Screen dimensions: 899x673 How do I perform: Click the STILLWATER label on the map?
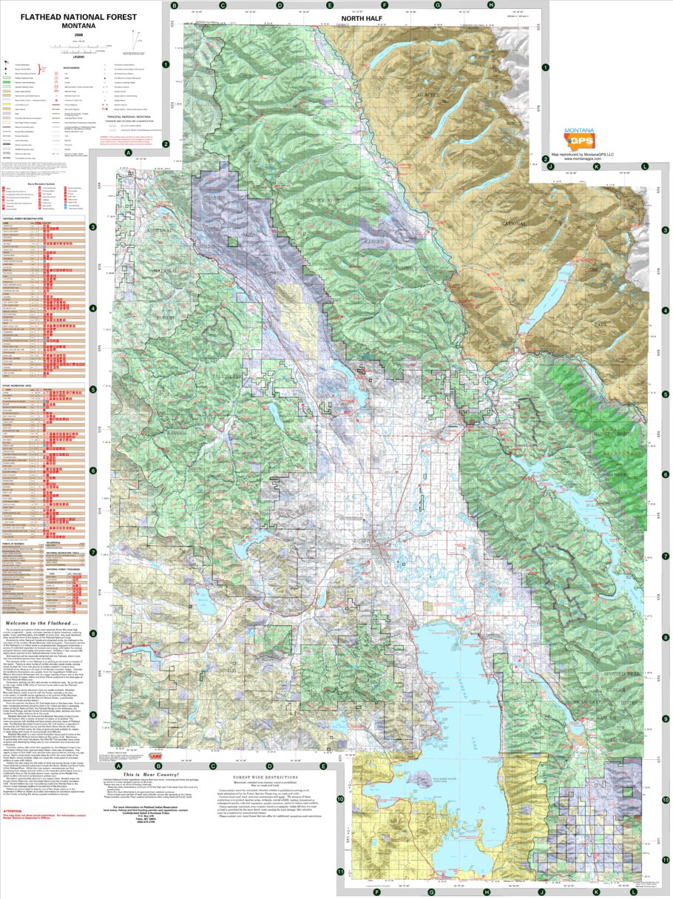coord(214,219)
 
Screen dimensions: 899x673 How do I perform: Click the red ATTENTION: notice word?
coord(15,810)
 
